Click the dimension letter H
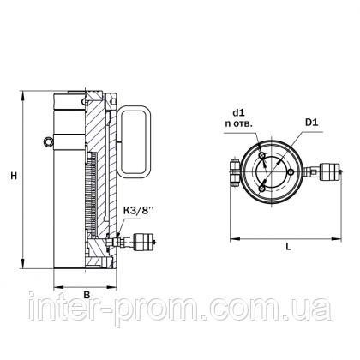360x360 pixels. coord(14,176)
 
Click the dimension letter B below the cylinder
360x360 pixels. coord(87,295)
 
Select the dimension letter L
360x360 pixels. coord(289,246)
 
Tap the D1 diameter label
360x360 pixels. coord(312,123)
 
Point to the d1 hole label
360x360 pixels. coord(238,113)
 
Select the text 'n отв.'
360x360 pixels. coord(238,124)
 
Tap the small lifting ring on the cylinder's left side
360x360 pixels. coord(48,141)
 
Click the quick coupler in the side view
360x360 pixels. coord(140,242)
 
